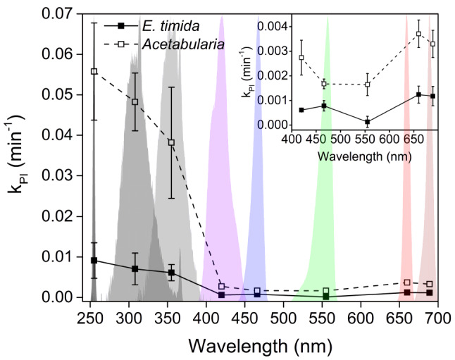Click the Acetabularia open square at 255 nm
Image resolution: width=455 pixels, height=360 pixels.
[94, 72]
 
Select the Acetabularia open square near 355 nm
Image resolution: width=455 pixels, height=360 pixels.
[171, 142]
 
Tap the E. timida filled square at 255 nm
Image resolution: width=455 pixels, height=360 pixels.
[94, 260]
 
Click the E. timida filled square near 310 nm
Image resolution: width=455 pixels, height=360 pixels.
[135, 268]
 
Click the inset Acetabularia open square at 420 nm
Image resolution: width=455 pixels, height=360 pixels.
[301, 58]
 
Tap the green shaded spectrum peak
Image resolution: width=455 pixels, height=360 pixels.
[328, 21]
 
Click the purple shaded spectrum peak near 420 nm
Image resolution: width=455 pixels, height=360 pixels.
[222, 21]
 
